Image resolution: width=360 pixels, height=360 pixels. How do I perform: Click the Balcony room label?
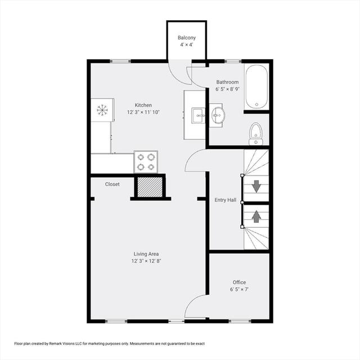point(187,38)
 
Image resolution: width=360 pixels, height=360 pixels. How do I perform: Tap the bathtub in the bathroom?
point(256,87)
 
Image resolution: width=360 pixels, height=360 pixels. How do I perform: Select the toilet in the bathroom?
point(256,134)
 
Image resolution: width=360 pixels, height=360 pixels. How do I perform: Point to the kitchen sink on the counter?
point(199,116)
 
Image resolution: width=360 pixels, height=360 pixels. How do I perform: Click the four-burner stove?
point(146,162)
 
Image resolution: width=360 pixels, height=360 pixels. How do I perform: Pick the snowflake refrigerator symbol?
point(102,110)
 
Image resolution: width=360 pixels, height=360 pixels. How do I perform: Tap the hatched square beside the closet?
point(150,187)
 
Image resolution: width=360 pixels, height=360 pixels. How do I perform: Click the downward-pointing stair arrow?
point(256,186)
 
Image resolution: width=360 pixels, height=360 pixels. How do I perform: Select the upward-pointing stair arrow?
point(256,217)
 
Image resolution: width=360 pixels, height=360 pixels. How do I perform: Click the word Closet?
point(112,184)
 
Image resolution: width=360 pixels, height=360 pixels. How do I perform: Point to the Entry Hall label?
point(225,200)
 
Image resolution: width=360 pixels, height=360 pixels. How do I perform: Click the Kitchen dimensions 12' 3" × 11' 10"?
point(143,112)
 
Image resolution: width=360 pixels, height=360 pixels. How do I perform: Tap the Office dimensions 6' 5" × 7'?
point(239,289)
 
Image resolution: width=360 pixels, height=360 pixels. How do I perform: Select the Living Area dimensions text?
point(146,261)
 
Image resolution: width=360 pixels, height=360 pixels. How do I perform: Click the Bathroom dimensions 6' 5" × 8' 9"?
point(227,89)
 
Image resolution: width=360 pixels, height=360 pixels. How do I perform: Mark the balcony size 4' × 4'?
point(187,44)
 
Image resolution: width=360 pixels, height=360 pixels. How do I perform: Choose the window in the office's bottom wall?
point(237,321)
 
